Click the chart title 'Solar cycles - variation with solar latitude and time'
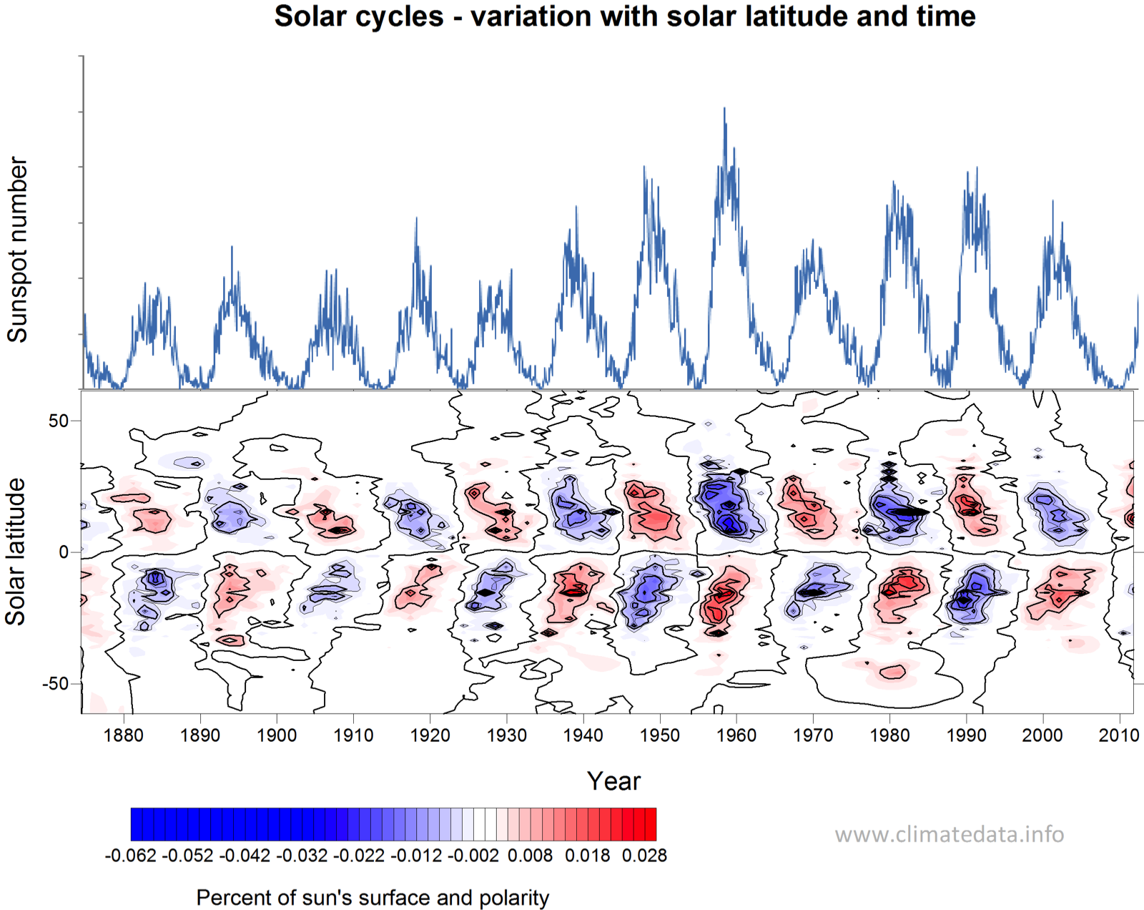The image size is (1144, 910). click(624, 16)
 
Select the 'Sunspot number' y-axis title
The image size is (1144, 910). click(17, 250)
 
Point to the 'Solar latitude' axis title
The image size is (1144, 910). click(16, 552)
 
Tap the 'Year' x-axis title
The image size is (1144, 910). click(613, 781)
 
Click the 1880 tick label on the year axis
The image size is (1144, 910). click(124, 735)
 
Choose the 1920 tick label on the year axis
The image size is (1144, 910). click(430, 735)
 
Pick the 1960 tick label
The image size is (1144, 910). click(736, 735)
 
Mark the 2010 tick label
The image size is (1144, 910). click(1118, 735)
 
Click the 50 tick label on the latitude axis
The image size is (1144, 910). click(59, 421)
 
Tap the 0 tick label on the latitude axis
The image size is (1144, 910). click(64, 552)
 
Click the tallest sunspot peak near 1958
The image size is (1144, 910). click(724, 109)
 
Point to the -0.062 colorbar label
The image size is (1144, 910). click(130, 856)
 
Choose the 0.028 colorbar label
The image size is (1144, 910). click(644, 856)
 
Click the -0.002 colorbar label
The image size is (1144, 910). click(473, 856)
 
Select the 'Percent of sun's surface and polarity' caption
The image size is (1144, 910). click(373, 898)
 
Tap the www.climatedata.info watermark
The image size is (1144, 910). click(949, 835)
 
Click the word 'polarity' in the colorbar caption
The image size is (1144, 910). click(514, 898)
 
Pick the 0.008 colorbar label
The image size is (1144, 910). click(530, 856)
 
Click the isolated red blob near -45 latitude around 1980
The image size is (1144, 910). click(892, 672)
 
